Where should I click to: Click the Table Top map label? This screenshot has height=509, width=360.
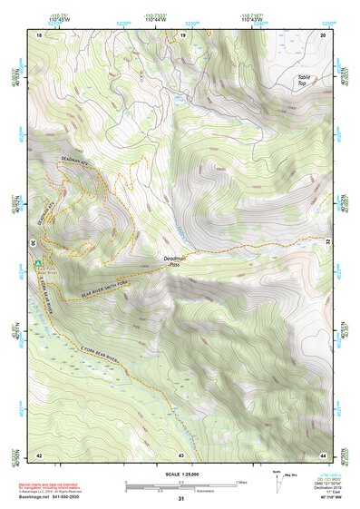click(304, 80)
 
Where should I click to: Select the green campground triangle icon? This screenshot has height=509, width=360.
click(38, 264)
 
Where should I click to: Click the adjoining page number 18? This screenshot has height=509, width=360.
click(39, 34)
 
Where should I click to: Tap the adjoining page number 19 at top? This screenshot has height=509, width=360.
click(182, 34)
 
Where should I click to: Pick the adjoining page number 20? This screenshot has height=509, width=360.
click(323, 34)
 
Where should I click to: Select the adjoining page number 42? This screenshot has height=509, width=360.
click(39, 454)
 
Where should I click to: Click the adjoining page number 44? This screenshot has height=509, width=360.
click(323, 454)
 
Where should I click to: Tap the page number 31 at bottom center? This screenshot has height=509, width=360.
click(180, 499)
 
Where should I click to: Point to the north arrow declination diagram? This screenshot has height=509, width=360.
click(279, 484)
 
